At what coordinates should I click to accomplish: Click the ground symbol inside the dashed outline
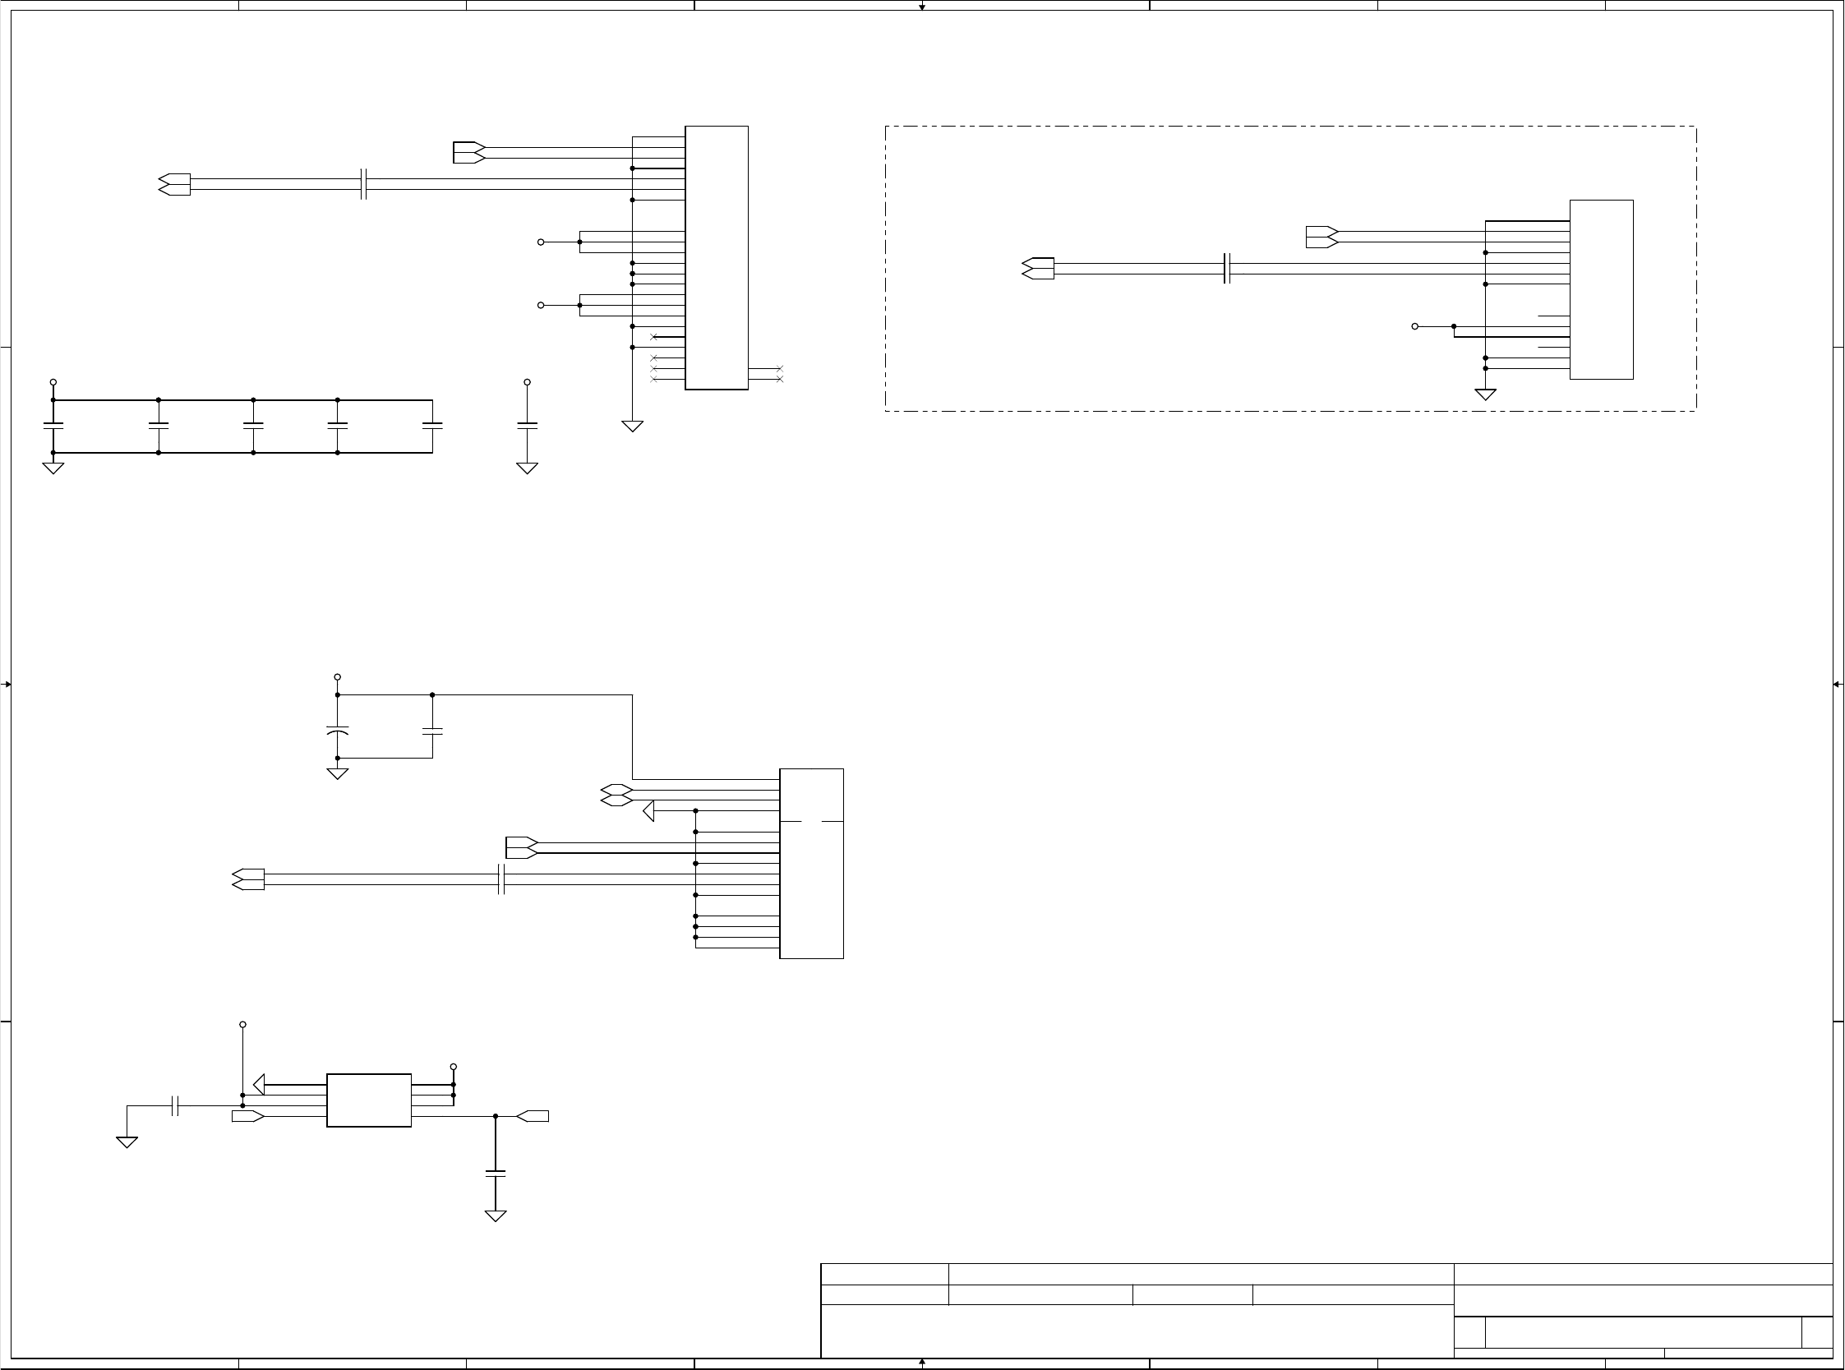click(x=1485, y=394)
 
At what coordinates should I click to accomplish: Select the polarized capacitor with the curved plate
click(x=338, y=731)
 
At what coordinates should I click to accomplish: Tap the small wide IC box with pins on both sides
click(x=369, y=1100)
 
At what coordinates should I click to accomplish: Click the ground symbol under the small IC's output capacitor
click(x=495, y=1215)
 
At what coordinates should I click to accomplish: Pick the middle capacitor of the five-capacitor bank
click(x=253, y=426)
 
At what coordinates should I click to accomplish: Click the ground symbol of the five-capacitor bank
click(x=53, y=468)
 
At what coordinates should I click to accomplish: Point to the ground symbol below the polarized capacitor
click(x=338, y=773)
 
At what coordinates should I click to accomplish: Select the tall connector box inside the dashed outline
click(x=1601, y=289)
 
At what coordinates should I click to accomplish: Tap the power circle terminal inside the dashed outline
click(x=1414, y=327)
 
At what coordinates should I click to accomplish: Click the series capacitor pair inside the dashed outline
click(x=1227, y=269)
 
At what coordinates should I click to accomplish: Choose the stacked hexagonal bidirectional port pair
click(x=616, y=796)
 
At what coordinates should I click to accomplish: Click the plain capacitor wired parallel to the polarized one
click(x=432, y=731)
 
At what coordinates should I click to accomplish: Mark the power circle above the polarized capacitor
click(x=338, y=677)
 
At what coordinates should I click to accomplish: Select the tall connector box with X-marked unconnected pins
click(x=717, y=258)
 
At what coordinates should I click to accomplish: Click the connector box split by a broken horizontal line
click(x=811, y=863)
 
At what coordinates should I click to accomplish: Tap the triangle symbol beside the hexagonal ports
click(x=649, y=810)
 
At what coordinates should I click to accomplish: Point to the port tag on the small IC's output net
click(x=533, y=1116)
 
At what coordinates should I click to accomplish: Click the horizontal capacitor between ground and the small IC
click(x=175, y=1105)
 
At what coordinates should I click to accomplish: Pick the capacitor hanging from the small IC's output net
click(x=495, y=1174)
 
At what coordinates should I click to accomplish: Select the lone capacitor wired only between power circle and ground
click(x=527, y=426)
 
